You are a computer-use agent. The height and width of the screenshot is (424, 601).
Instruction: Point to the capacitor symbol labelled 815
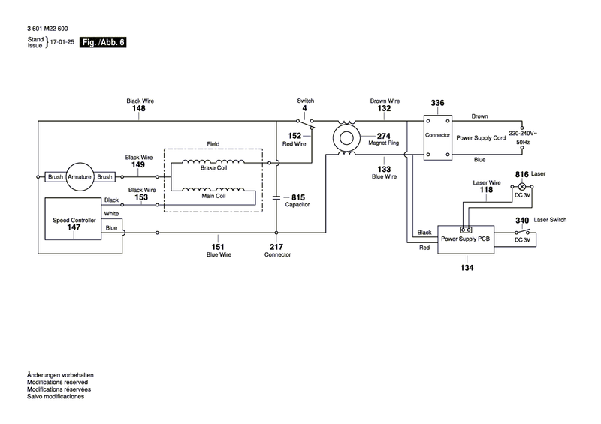(276, 197)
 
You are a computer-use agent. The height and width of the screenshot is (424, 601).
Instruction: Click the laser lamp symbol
(521, 187)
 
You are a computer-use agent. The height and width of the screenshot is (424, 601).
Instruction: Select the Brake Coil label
(213, 168)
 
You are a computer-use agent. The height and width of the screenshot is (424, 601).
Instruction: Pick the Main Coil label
(213, 196)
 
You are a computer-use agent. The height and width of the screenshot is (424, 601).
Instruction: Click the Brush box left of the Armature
(56, 176)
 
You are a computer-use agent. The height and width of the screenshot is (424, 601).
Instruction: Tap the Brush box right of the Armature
(104, 176)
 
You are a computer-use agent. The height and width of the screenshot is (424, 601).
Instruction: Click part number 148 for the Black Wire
(139, 108)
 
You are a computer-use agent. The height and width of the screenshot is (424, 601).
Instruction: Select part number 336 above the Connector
(437, 103)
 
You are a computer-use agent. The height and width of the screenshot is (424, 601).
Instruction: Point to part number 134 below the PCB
(467, 268)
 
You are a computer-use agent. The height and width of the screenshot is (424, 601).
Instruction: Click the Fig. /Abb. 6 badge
(103, 42)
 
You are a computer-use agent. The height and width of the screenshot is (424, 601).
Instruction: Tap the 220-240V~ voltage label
(523, 134)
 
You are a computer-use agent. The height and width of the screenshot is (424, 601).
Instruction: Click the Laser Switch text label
(550, 220)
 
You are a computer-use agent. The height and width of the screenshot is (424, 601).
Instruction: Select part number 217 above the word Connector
(276, 247)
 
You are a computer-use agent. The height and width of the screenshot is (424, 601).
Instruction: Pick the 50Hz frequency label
(523, 142)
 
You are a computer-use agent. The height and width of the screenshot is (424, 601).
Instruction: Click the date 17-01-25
(62, 42)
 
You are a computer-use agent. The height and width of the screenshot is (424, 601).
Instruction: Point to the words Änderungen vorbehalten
(60, 375)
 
